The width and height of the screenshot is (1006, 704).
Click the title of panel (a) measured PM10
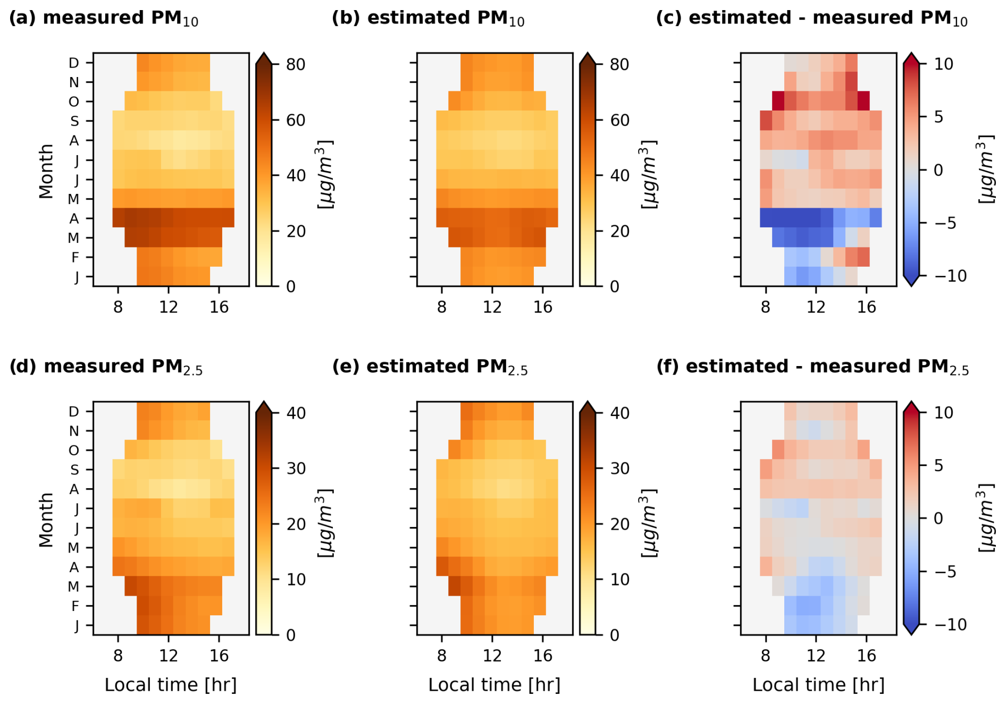(x=104, y=18)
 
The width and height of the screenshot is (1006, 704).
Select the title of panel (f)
(x=812, y=367)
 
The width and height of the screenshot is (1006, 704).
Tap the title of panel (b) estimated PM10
(x=427, y=18)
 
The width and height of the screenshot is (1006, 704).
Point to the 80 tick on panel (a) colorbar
(x=295, y=64)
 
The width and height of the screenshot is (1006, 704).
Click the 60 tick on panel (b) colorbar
(x=619, y=120)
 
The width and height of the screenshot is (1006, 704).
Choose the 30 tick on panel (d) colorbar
(x=295, y=468)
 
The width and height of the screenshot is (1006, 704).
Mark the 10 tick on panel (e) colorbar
(x=619, y=579)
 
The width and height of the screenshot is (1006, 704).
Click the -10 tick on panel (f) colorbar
(x=950, y=624)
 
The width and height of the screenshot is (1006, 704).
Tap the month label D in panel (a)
(x=74, y=63)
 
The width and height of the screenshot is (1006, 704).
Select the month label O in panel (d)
(x=74, y=451)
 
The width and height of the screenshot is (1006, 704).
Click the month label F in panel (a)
(x=75, y=258)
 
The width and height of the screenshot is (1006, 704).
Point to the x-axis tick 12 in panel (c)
(x=816, y=307)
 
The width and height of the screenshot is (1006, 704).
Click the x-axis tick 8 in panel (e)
(x=441, y=656)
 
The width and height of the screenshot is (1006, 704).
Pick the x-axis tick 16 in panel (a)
(x=219, y=307)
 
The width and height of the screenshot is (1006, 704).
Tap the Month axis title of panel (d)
(x=46, y=519)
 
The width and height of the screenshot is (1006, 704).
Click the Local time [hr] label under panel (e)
(x=494, y=685)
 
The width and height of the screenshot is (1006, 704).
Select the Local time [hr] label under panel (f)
(x=818, y=685)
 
